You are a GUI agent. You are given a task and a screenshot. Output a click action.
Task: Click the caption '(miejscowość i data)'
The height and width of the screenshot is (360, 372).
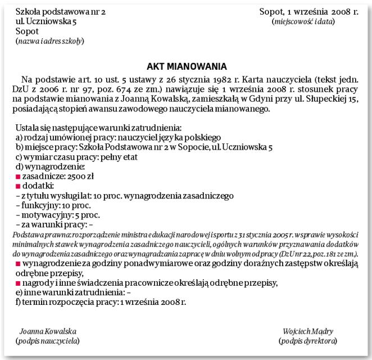[x=303, y=21]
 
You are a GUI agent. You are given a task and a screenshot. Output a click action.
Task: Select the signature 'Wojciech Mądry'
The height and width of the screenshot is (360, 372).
[x=309, y=331]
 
